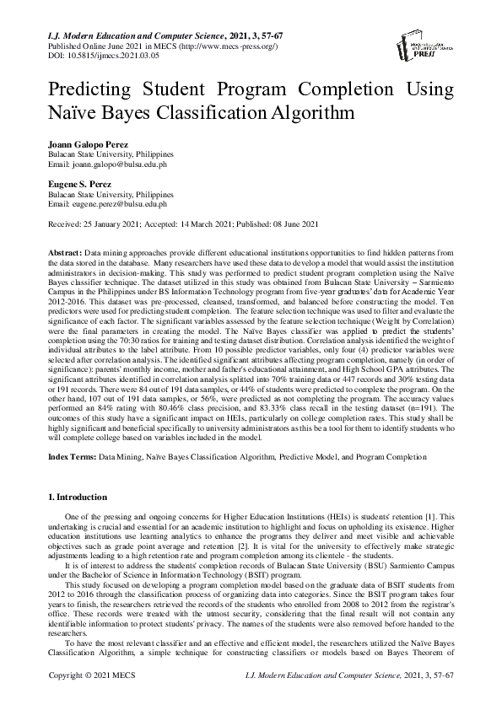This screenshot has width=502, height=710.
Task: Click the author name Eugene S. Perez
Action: pyautogui.click(x=82, y=183)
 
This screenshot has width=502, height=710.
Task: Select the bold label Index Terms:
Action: pyautogui.click(x=71, y=456)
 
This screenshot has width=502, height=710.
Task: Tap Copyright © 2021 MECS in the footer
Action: pyautogui.click(x=93, y=700)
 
